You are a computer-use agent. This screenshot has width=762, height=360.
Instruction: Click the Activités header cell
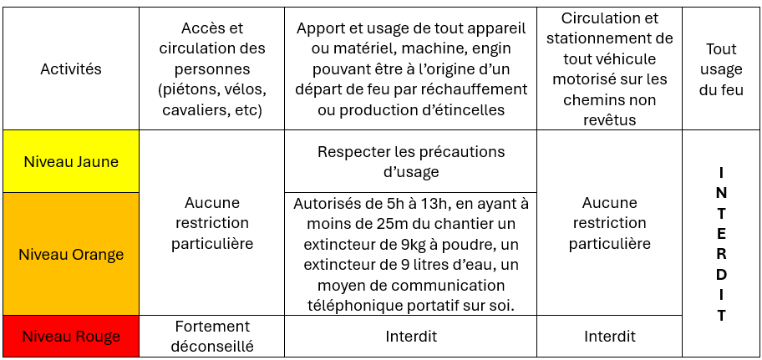tap(71, 69)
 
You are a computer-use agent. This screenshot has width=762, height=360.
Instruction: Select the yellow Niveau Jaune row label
tap(71, 161)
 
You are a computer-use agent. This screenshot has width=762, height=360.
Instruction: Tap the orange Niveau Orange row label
tap(71, 254)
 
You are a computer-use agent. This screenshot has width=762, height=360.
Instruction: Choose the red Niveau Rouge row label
tap(71, 337)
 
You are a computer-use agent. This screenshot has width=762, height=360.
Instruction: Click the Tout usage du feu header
tap(721, 69)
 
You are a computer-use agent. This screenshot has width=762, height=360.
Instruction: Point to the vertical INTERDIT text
tap(721, 244)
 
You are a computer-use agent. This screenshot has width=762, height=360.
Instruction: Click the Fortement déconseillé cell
tap(211, 337)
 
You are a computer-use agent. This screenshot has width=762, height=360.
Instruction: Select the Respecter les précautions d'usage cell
tap(410, 161)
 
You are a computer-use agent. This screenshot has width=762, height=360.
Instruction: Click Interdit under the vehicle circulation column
tap(609, 337)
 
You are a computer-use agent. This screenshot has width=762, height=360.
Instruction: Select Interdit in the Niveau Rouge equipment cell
tap(410, 337)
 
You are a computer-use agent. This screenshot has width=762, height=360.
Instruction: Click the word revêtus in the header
tap(609, 120)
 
